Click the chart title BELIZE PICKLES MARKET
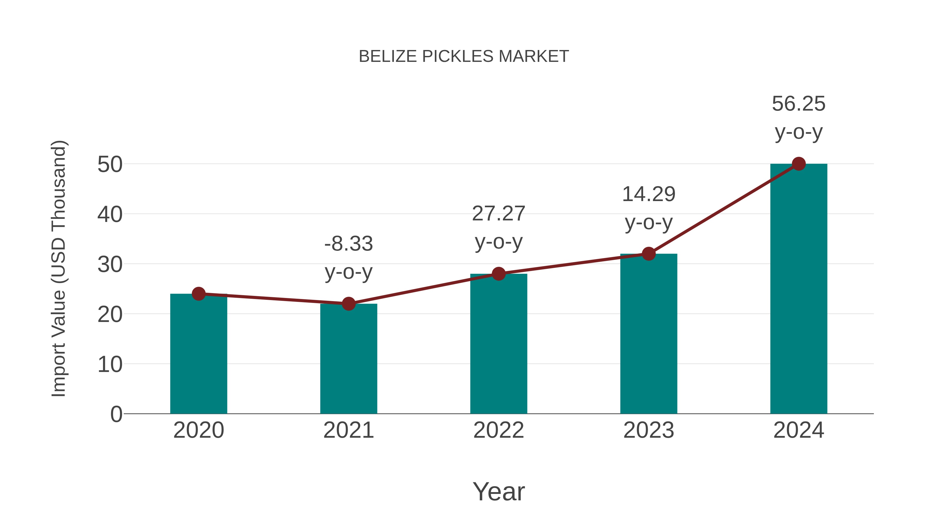[x=464, y=56]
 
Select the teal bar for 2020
[x=198, y=355]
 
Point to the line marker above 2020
[x=198, y=294]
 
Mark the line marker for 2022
[x=499, y=274]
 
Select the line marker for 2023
[x=649, y=254]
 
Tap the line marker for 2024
[x=799, y=164]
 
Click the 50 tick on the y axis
[x=110, y=165]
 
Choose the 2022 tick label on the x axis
[x=499, y=430]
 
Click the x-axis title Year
[x=499, y=492]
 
